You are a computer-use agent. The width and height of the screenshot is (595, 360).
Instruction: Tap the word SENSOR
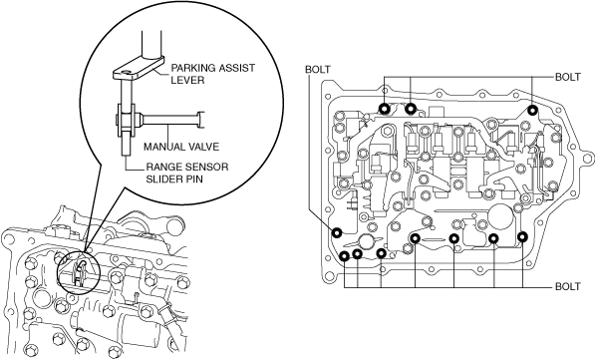(206, 167)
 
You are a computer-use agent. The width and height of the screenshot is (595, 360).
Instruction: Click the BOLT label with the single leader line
(318, 70)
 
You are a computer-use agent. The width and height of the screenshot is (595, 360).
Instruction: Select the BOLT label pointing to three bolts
(568, 77)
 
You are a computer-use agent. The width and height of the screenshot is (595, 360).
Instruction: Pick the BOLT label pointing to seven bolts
(568, 286)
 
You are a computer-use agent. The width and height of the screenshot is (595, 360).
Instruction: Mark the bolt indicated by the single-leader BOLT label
(337, 232)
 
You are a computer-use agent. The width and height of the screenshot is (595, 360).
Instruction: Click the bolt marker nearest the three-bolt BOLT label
(533, 110)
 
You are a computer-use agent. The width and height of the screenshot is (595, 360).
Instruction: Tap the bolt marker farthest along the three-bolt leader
(385, 109)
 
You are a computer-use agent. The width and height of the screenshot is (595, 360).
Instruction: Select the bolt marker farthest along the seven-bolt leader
(344, 256)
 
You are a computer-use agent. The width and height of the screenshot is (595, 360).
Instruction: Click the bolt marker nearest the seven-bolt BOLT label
(522, 236)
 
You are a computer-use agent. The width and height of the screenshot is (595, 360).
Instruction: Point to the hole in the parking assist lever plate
(127, 72)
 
